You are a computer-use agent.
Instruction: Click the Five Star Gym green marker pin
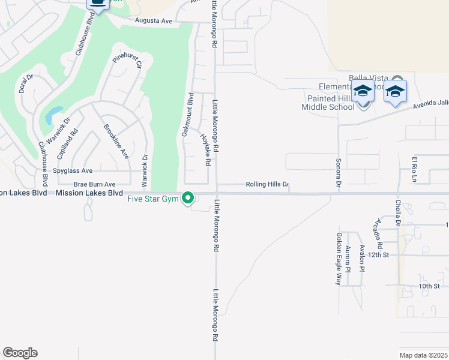click(x=188, y=197)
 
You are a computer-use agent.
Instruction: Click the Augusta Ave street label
click(x=152, y=21)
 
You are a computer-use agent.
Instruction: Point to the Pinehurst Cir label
click(x=127, y=63)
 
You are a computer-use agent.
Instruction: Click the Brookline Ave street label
click(x=116, y=141)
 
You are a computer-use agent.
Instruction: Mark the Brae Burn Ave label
click(x=94, y=184)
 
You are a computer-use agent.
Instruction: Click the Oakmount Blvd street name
click(x=186, y=115)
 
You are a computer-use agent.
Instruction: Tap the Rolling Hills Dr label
click(x=268, y=185)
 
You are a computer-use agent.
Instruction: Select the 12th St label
click(x=379, y=255)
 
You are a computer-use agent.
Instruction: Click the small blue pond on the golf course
click(x=53, y=114)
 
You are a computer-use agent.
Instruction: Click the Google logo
click(x=20, y=353)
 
